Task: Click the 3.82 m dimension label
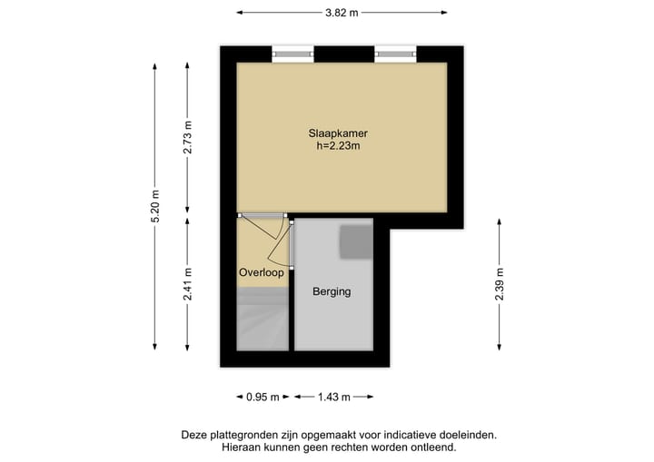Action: pos(342,13)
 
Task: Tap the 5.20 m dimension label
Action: pos(155,208)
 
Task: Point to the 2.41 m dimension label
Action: pos(188,285)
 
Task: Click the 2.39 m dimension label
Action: pos(500,285)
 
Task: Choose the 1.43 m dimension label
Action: pos(332,397)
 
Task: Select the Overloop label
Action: pos(262,272)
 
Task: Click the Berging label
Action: pos(331,291)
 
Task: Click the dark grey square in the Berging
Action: pos(356,241)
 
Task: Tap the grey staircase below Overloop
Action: pos(262,319)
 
